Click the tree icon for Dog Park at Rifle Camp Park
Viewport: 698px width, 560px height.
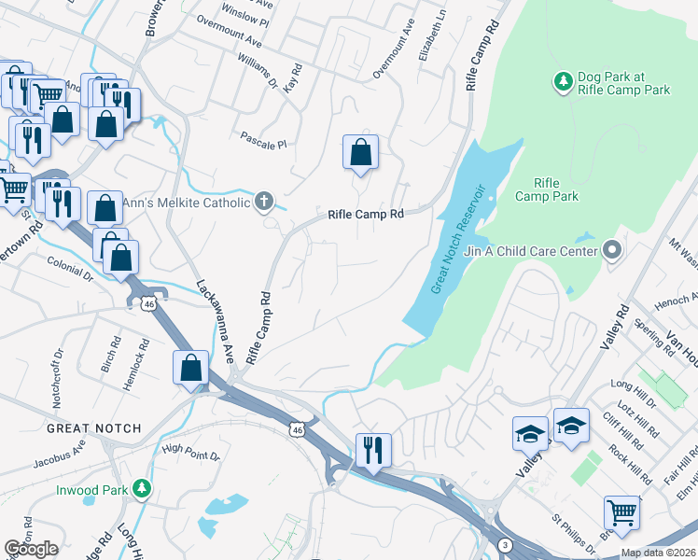[x=563, y=82]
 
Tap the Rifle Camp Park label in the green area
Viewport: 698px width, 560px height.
[x=557, y=189]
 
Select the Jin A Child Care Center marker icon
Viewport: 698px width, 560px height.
[x=612, y=249]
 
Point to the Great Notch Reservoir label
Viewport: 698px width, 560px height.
[x=459, y=239]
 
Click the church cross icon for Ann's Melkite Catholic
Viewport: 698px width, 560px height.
[x=265, y=202]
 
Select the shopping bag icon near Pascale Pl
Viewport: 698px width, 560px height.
[x=360, y=152]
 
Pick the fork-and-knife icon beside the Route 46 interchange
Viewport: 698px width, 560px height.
[x=372, y=448]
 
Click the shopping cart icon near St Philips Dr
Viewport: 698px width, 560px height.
[x=621, y=511]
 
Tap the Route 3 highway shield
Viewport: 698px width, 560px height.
[x=505, y=544]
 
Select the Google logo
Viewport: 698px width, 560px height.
[x=31, y=549]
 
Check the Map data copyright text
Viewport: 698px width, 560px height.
[x=658, y=553]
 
